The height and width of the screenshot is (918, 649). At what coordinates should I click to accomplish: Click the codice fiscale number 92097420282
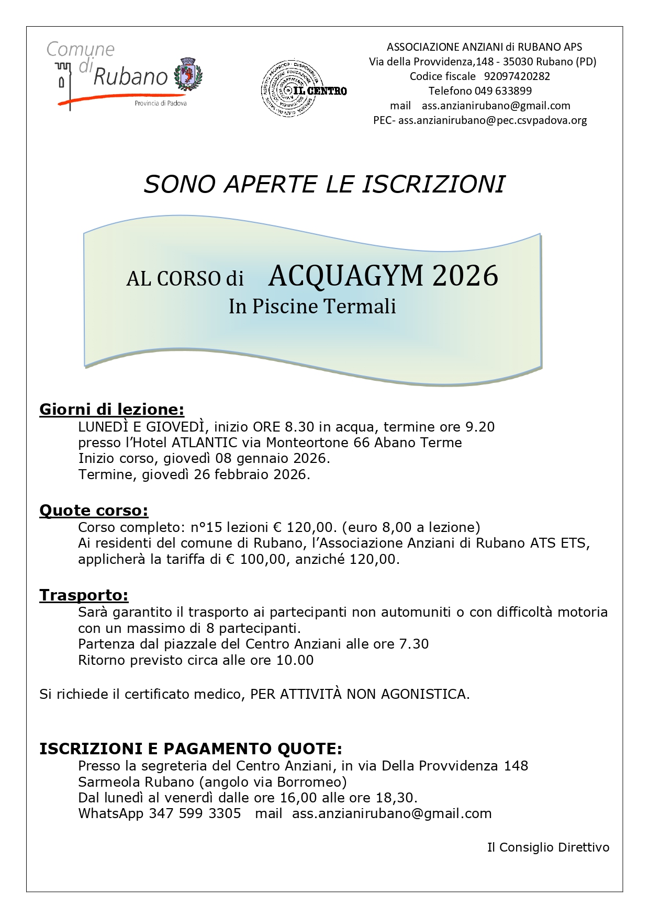[x=517, y=76]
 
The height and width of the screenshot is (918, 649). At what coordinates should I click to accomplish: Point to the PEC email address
[x=493, y=120]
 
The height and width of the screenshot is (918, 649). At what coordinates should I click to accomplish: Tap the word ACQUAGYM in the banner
[x=345, y=276]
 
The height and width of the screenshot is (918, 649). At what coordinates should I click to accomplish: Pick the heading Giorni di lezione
[x=111, y=409]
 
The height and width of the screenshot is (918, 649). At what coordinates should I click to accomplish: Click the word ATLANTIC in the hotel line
[x=205, y=443]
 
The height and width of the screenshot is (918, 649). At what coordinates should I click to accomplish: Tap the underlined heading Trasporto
[x=84, y=595]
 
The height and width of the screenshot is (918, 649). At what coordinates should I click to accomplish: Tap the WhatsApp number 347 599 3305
[x=195, y=814]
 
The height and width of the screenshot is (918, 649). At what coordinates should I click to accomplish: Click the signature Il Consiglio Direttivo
[x=548, y=847]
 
